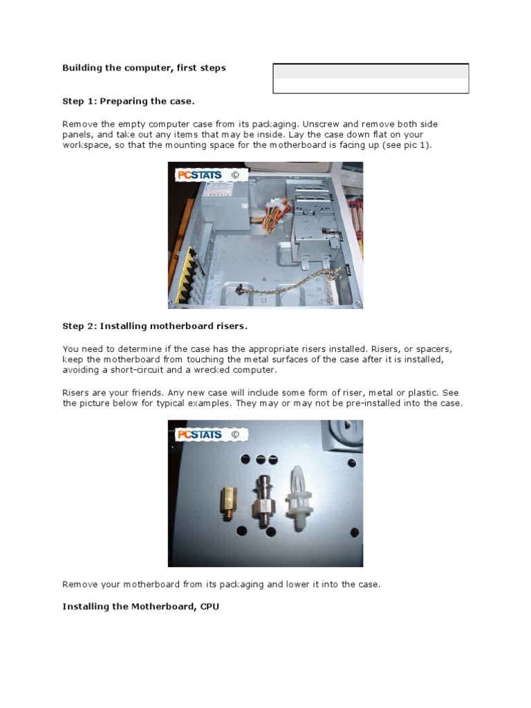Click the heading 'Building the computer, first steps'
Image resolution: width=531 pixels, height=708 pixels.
144,68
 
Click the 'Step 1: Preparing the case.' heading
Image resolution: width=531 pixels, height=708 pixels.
129,101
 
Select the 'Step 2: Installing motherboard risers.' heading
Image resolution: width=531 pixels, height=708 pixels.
155,326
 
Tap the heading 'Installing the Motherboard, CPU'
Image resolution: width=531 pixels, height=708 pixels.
141,606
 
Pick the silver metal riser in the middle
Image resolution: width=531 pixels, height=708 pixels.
262,501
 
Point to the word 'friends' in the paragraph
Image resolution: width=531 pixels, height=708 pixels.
148,393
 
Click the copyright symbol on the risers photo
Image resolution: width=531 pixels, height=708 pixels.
235,434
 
